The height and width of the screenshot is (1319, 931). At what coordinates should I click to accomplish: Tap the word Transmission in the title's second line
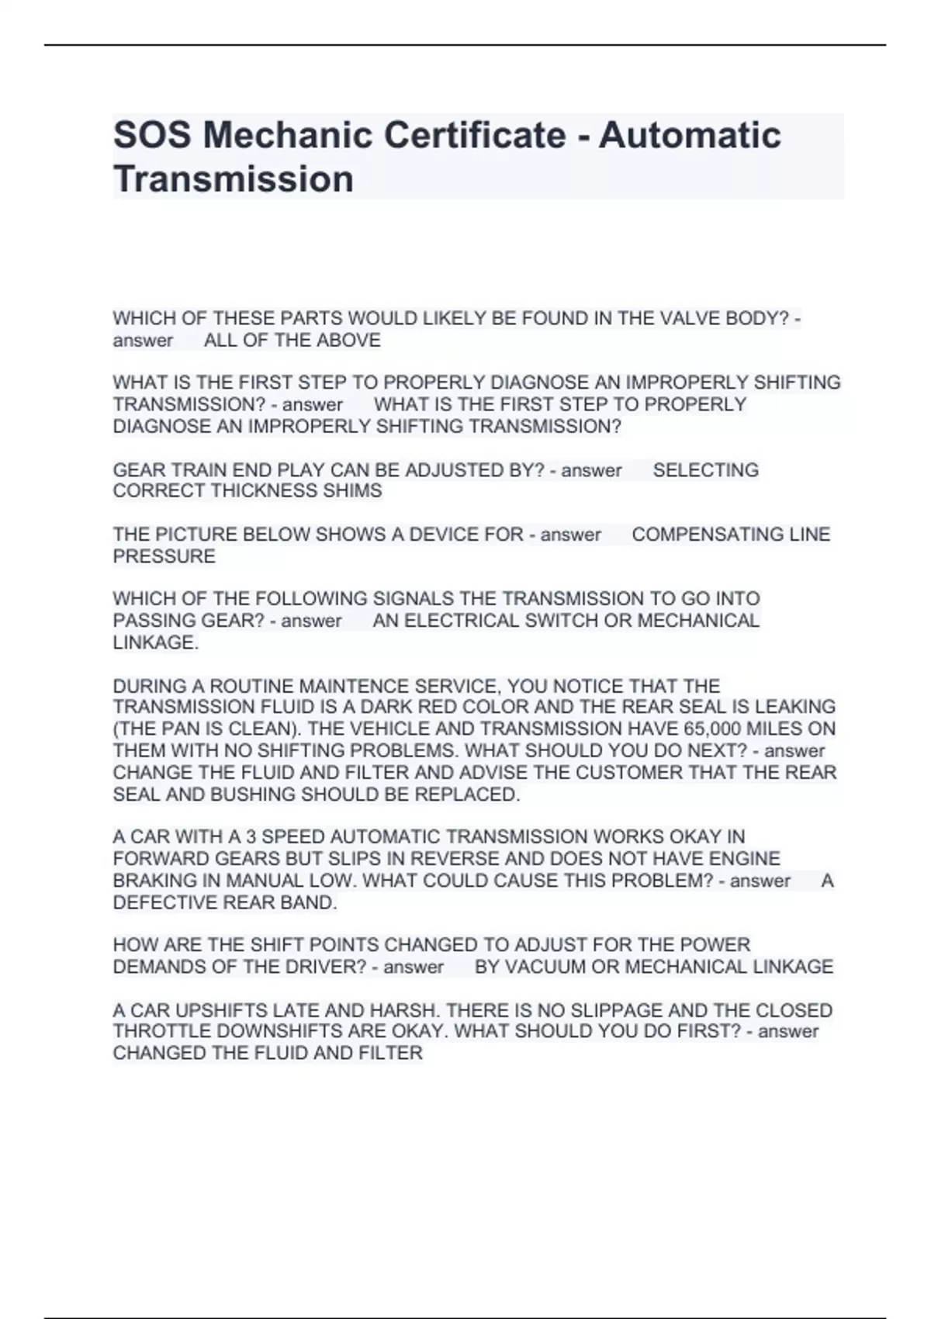point(234,179)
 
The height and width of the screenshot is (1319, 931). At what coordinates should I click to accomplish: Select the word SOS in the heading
point(152,135)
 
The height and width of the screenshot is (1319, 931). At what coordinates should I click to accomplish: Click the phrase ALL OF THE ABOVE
point(292,341)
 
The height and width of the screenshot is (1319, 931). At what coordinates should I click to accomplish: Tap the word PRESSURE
point(164,556)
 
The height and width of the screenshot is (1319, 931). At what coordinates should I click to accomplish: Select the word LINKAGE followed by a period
point(155,642)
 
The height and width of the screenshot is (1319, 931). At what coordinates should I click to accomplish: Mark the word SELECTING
point(705,470)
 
